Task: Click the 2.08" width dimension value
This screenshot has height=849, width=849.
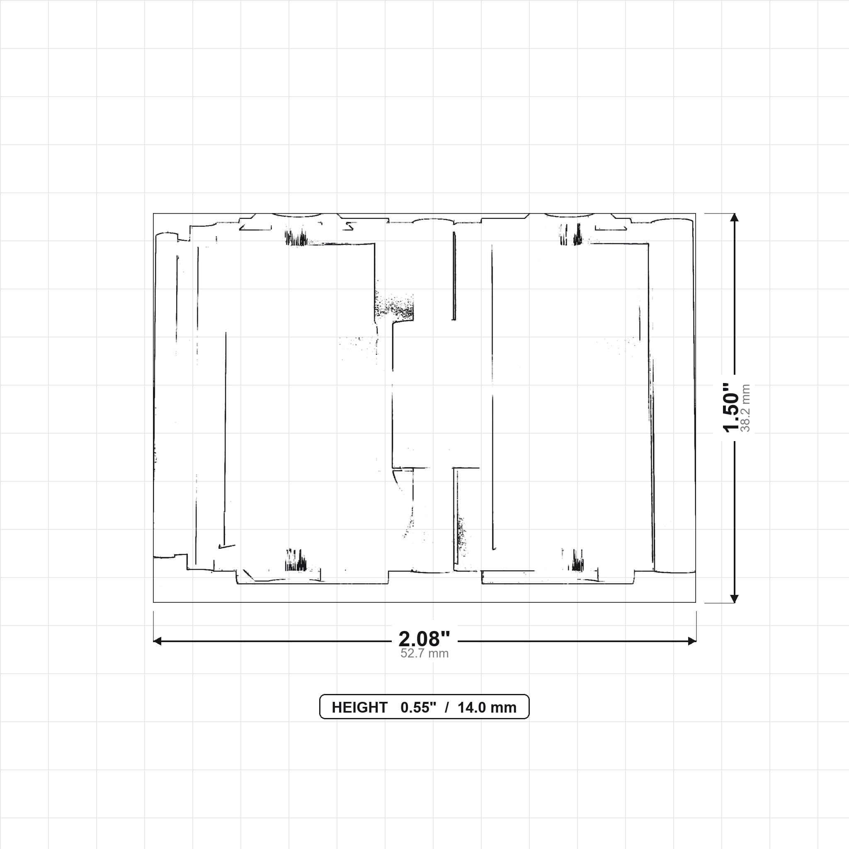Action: [x=424, y=638]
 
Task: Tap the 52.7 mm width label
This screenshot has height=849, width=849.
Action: [x=424, y=653]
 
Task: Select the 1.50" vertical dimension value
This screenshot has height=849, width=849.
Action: [x=731, y=408]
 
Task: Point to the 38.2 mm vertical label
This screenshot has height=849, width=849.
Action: [x=745, y=408]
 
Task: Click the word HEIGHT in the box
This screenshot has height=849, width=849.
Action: [x=359, y=708]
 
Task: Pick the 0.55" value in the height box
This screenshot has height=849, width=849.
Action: [x=418, y=708]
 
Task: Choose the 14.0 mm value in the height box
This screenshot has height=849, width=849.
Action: [x=487, y=708]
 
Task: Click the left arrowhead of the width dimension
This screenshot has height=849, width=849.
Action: [x=157, y=641]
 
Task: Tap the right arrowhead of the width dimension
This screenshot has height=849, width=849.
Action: [x=692, y=641]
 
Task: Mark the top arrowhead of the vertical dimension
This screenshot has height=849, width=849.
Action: [x=734, y=218]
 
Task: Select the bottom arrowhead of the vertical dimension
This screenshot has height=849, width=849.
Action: [x=734, y=599]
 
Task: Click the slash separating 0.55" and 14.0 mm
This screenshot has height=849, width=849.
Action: [x=447, y=708]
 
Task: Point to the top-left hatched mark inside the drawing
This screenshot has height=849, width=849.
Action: [x=296, y=238]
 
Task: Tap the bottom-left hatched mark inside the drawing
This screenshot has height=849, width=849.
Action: [x=296, y=560]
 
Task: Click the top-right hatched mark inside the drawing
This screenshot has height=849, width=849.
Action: [x=571, y=235]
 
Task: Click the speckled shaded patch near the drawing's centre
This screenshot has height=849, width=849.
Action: [x=394, y=306]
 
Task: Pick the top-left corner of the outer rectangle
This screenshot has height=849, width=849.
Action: [x=153, y=213]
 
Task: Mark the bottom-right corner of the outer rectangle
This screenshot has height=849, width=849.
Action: [x=696, y=602]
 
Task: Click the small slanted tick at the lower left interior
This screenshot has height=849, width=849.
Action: [x=227, y=546]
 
